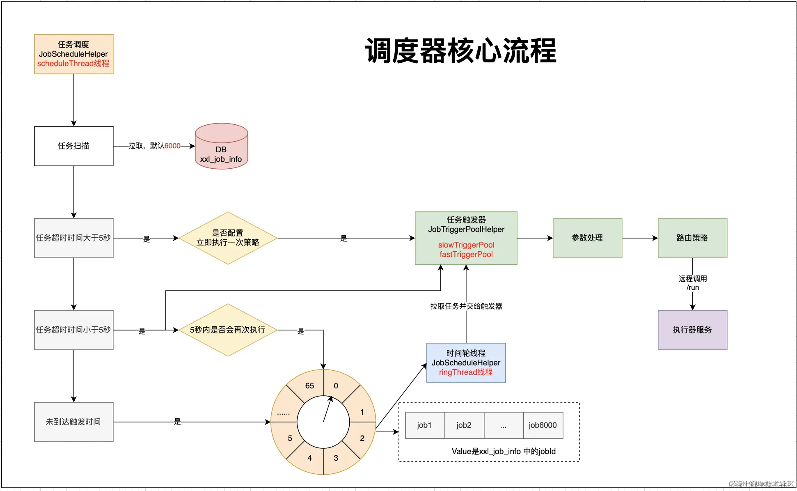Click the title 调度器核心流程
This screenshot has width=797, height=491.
coord(460,51)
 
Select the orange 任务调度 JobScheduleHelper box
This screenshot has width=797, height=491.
coord(73,54)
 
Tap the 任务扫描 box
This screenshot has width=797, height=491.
coord(73,146)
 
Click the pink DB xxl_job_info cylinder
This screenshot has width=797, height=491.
coord(221,150)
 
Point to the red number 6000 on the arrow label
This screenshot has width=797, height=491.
coord(172,146)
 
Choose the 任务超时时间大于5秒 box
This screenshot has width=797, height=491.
coord(73,238)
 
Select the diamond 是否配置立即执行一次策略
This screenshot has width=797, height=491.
coord(228,238)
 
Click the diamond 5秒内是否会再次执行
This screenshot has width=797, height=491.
coord(228,330)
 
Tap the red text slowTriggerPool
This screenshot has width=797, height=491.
coord(466,245)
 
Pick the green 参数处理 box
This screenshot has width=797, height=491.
coord(587,238)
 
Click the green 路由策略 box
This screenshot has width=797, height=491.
coord(692,238)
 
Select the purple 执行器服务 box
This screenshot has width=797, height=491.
coord(692,330)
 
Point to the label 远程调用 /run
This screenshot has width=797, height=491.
coord(692,283)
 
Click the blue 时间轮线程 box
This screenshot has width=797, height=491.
coord(466,363)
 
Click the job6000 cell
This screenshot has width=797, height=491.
coord(543,425)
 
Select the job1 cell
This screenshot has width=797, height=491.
coord(424,425)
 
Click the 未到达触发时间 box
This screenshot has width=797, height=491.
coord(73,422)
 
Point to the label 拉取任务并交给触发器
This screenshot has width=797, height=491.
coord(466,306)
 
